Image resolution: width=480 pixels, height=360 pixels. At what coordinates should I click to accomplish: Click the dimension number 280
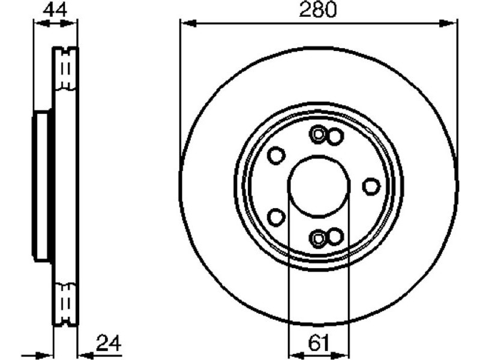tap(318, 10)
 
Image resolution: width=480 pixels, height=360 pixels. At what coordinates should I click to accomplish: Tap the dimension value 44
tap(55, 10)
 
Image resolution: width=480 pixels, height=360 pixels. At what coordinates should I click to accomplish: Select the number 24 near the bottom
tap(109, 343)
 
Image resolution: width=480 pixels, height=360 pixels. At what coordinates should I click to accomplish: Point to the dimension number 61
tap(319, 343)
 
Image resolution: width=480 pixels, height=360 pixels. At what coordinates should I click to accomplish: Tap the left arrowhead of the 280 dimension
tap(188, 23)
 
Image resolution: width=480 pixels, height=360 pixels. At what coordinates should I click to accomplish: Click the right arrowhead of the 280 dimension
tap(448, 23)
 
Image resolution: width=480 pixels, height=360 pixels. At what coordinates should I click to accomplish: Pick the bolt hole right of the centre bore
tap(371, 186)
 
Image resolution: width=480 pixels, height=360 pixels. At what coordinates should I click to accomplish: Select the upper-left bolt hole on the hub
tap(276, 155)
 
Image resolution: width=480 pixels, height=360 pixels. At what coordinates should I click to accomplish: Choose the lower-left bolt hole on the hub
tap(276, 217)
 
